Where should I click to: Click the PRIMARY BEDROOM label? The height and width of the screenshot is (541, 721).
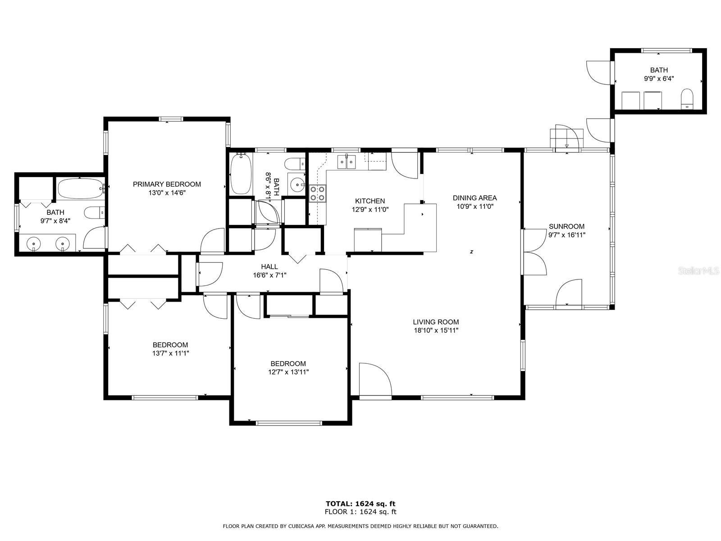[x=167, y=184]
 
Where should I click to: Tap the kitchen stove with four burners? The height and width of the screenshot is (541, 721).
[x=318, y=193]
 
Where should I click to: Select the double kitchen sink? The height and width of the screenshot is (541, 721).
[x=347, y=162]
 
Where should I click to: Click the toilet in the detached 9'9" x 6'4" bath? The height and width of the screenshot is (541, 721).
[x=686, y=99]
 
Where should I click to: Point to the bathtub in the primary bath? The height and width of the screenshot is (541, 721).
[x=81, y=188]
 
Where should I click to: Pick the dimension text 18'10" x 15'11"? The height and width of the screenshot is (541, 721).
[x=436, y=330]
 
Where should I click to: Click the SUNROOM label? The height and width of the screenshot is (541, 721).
[x=566, y=226]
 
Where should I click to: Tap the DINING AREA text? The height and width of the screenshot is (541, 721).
[x=475, y=198]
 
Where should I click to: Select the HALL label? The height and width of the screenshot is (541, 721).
[x=269, y=267]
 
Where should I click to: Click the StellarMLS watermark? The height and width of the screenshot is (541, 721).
[x=698, y=270]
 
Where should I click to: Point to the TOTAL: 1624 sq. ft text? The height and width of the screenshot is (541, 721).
[x=360, y=504]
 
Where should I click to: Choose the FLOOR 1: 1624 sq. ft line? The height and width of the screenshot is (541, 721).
[x=360, y=512]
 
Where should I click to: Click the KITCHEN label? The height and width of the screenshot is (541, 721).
[x=370, y=201]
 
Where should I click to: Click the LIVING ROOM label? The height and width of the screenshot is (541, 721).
[x=436, y=322]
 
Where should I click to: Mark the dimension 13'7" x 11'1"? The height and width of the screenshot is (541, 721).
[x=170, y=353]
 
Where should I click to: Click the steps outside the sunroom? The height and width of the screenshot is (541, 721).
[x=566, y=138]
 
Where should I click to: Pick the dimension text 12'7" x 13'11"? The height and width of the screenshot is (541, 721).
[x=288, y=372]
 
